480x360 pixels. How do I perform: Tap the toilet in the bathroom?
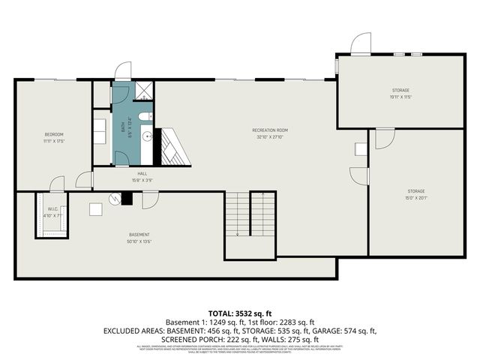[x=145, y=118]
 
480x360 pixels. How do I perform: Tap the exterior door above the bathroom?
[x=122, y=71]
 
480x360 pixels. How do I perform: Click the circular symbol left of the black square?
[x=114, y=198]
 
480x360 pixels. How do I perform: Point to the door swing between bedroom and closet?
[x=57, y=183]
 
